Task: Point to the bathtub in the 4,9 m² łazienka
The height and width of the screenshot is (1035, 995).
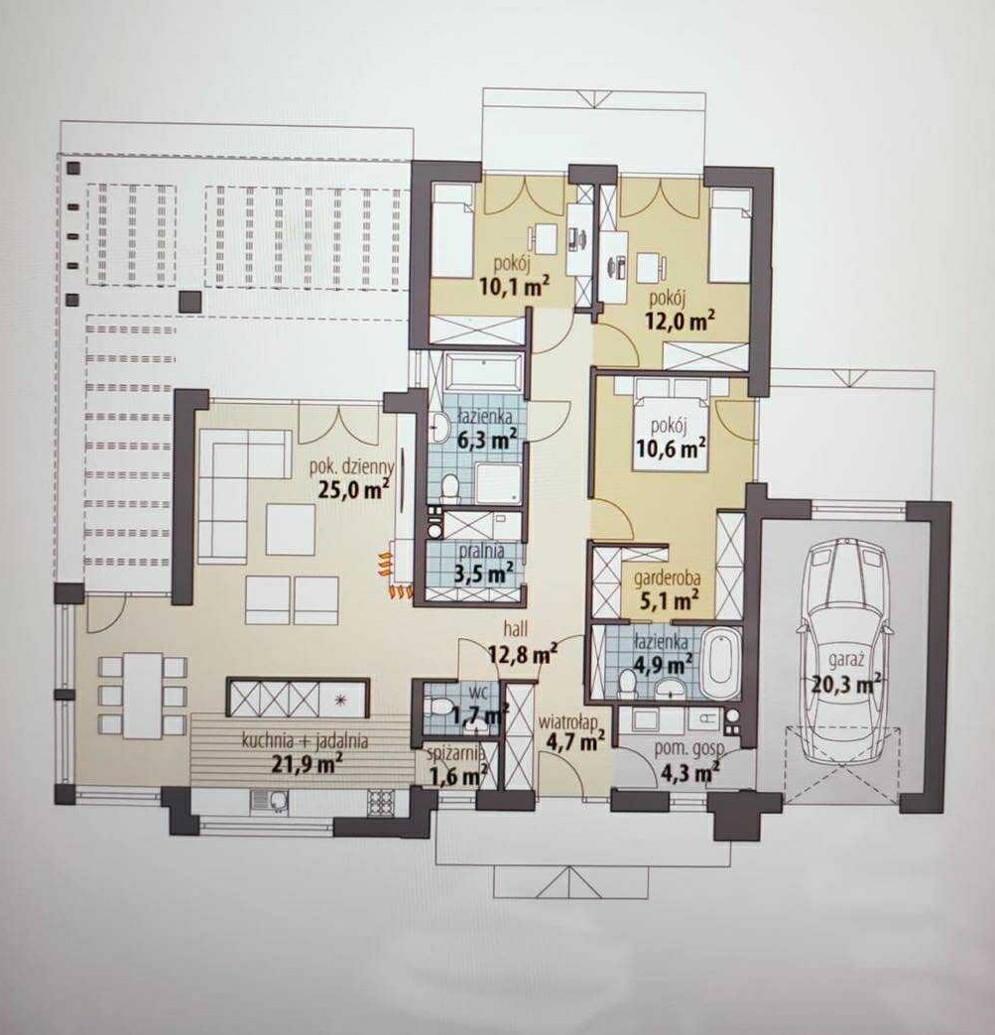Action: (x=719, y=664)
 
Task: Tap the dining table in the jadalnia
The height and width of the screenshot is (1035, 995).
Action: (x=143, y=696)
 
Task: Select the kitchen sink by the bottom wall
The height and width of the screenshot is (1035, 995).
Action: (x=270, y=801)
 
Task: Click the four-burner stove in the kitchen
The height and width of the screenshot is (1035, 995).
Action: (x=381, y=802)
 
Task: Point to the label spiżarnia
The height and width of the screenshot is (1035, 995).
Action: (x=457, y=753)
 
